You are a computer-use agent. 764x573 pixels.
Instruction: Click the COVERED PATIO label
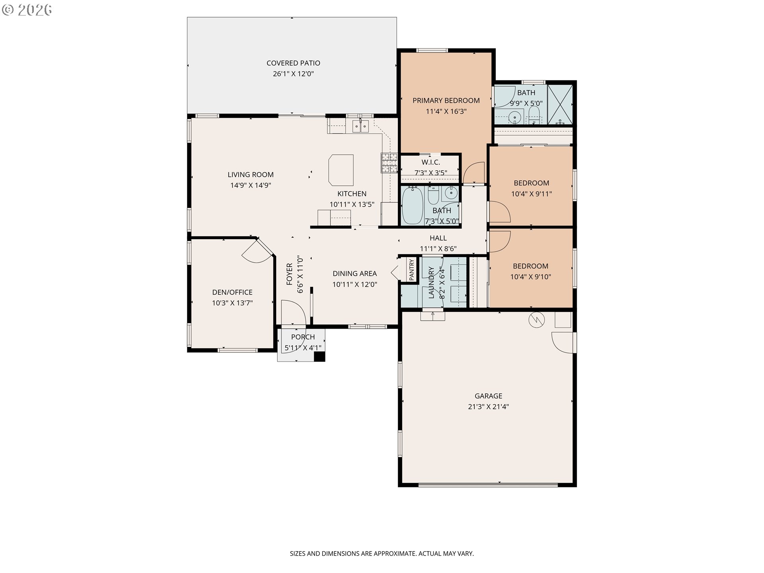pyautogui.click(x=293, y=63)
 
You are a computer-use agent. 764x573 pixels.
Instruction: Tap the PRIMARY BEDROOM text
pyautogui.click(x=446, y=101)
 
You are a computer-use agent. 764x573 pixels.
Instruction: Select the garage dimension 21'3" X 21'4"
pyautogui.click(x=488, y=407)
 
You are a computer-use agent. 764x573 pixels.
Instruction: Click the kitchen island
pyautogui.click(x=341, y=170)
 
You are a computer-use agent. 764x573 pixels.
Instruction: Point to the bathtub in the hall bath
pyautogui.click(x=412, y=205)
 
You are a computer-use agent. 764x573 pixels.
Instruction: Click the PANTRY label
pyautogui.click(x=411, y=269)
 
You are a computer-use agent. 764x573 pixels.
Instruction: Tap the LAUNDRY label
pyautogui.click(x=431, y=283)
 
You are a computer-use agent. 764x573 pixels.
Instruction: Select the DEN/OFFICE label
pyautogui.click(x=232, y=292)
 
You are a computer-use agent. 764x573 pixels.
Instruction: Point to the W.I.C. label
pyautogui.click(x=431, y=162)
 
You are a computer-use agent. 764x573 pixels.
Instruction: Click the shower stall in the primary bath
pyautogui.click(x=560, y=104)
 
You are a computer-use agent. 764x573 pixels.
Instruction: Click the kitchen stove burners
pyautogui.click(x=390, y=163)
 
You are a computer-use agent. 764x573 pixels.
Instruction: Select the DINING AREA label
pyautogui.click(x=355, y=274)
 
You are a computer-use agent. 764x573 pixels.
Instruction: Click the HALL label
pyautogui.click(x=438, y=238)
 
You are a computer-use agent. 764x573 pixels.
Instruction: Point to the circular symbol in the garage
pyautogui.click(x=536, y=320)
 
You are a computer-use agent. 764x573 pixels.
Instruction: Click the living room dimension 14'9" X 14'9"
pyautogui.click(x=251, y=185)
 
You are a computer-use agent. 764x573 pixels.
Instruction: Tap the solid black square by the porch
pyautogui.click(x=320, y=357)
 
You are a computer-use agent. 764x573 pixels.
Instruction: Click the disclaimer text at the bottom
pyautogui.click(x=382, y=554)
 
